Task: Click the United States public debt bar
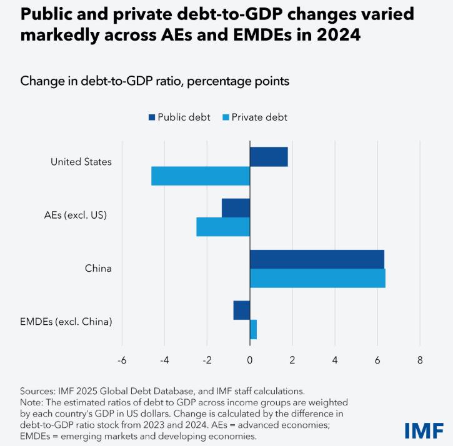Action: [x=269, y=157]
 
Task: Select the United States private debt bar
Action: [x=201, y=176]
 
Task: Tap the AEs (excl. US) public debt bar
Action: [x=236, y=208]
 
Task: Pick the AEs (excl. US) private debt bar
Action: [x=223, y=227]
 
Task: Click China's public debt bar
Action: [x=317, y=259]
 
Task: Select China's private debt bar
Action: [x=317, y=278]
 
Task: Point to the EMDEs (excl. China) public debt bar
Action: [x=242, y=310]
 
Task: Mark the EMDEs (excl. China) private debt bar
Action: [x=253, y=329]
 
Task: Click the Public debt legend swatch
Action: [x=152, y=117]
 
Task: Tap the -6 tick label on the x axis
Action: [x=122, y=360]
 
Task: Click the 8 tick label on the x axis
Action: [x=420, y=360]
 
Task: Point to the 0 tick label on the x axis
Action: [x=250, y=360]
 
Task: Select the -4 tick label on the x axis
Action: [x=165, y=360]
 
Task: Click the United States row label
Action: [x=81, y=162]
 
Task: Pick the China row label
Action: [x=98, y=269]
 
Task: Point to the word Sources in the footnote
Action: [x=37, y=390]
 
